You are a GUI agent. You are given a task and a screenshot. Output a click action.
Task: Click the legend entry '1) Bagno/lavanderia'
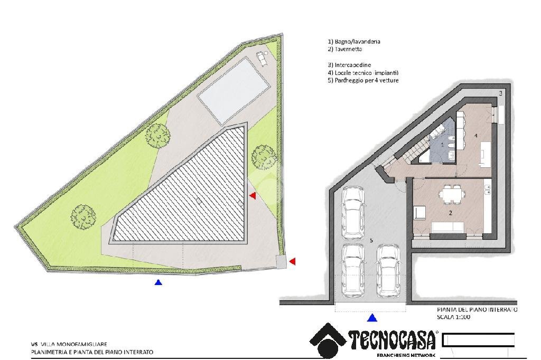(x=353, y=41)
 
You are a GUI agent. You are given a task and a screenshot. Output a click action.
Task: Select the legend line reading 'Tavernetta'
(x=347, y=49)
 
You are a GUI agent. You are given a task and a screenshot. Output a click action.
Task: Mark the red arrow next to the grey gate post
(x=292, y=261)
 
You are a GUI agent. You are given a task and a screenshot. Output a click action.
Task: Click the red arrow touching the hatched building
(x=253, y=196)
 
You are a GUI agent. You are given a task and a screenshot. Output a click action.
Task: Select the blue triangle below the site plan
(x=158, y=282)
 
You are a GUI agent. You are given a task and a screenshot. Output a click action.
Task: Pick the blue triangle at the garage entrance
(x=372, y=317)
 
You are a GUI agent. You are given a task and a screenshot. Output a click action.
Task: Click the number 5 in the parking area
(x=372, y=241)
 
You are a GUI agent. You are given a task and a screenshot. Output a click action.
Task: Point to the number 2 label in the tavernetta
(x=450, y=213)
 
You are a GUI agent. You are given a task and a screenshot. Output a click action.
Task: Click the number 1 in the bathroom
(x=443, y=144)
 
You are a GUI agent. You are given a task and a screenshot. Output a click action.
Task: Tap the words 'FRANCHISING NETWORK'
(x=406, y=356)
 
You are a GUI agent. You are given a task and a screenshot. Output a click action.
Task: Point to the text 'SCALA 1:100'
(x=454, y=318)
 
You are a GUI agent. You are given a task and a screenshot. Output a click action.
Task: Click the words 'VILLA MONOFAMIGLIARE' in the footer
(x=77, y=344)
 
